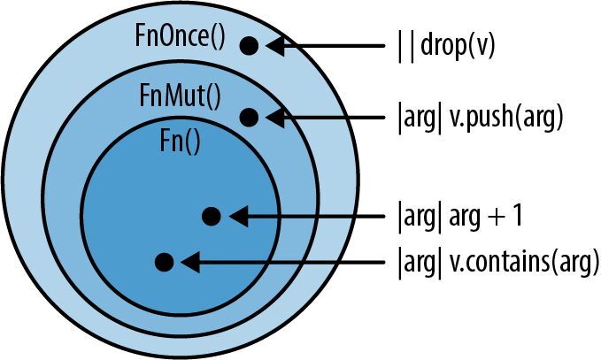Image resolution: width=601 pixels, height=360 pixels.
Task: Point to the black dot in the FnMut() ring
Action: point(249,117)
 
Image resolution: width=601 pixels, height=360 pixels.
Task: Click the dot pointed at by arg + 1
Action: point(211,216)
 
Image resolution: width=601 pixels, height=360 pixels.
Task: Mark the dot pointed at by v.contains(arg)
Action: point(164,262)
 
